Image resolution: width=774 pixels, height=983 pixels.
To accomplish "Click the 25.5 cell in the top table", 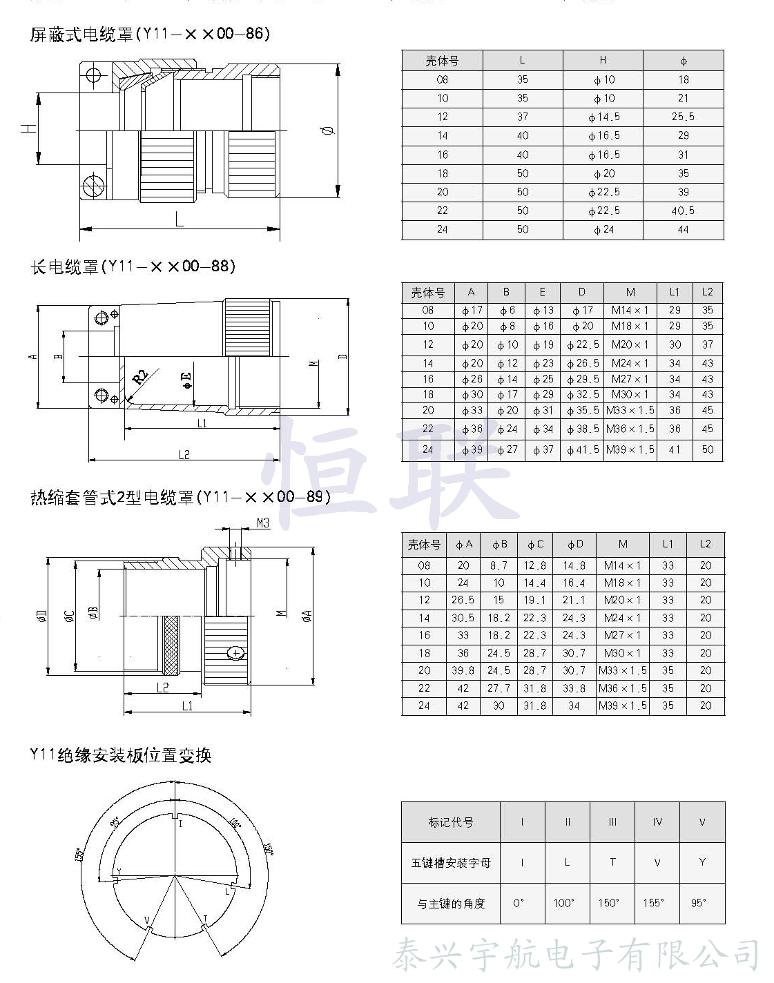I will pyautogui.click(x=683, y=117).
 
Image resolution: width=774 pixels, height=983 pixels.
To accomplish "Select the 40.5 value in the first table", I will pyautogui.click(x=683, y=211).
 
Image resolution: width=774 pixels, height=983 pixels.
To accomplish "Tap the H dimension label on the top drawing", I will pyautogui.click(x=28, y=128).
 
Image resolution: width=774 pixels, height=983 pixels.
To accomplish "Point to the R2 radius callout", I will pyautogui.click(x=140, y=377).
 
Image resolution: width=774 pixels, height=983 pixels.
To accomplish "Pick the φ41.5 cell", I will pyautogui.click(x=582, y=449).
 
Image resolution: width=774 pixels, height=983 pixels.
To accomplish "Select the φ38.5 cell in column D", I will pyautogui.click(x=582, y=429).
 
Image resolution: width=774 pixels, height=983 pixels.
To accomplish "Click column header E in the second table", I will pyautogui.click(x=543, y=292).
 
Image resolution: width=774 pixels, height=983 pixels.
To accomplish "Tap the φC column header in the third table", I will pyautogui.click(x=535, y=544).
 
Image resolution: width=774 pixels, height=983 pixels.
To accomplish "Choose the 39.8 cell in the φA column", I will pyautogui.click(x=463, y=670).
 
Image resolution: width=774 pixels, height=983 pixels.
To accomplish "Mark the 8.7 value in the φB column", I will pyautogui.click(x=499, y=565).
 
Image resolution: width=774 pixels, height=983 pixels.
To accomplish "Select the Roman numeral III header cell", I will pyautogui.click(x=612, y=822).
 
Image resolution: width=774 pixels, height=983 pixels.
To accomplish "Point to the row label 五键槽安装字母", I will pyautogui.click(x=451, y=862).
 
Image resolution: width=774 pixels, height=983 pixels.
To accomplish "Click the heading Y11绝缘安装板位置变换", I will pyautogui.click(x=120, y=755).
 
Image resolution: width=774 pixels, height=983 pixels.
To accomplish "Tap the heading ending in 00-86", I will pyautogui.click(x=149, y=34).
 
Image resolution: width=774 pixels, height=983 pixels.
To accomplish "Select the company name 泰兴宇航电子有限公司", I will pyautogui.click(x=576, y=955).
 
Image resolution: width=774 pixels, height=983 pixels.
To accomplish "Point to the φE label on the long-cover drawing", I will pyautogui.click(x=186, y=380).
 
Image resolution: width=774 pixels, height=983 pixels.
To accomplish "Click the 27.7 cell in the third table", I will pyautogui.click(x=499, y=688).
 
